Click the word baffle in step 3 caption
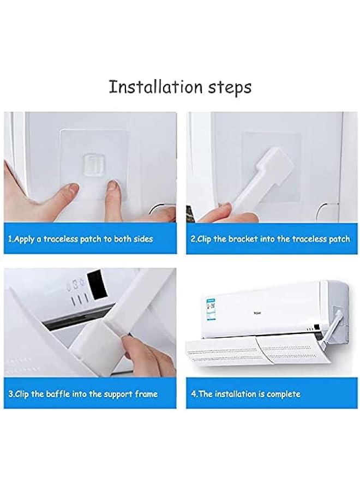tap(63, 394)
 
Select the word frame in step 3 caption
tap(146, 394)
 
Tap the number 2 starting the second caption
tap(193, 239)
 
